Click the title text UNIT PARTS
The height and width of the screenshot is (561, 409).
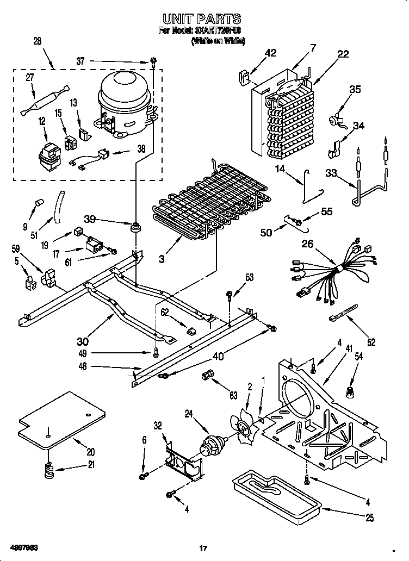202,20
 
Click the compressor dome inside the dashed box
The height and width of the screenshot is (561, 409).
124,90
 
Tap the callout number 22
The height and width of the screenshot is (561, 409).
343,54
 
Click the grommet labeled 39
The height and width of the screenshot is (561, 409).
134,226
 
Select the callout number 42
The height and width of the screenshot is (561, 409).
270,53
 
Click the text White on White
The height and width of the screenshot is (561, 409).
218,41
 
